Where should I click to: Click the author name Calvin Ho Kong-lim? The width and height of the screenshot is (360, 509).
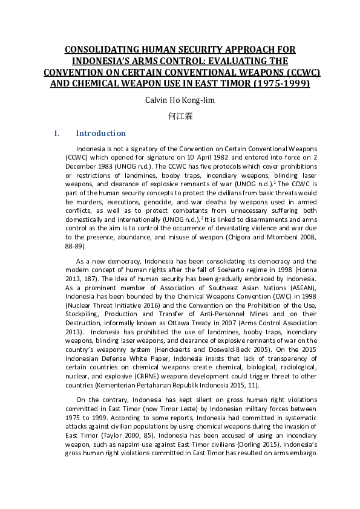pyautogui.click(x=180, y=100)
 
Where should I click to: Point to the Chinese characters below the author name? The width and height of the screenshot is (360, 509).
pyautogui.click(x=180, y=116)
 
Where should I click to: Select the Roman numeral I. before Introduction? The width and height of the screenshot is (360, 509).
pyautogui.click(x=57, y=134)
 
